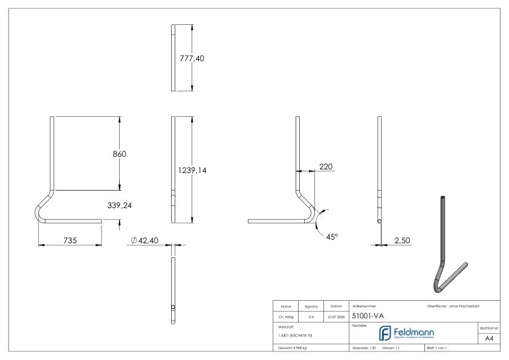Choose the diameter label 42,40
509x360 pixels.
coord(146,241)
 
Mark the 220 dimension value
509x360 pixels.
coord(326,166)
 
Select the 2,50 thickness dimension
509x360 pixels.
coord(402,240)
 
